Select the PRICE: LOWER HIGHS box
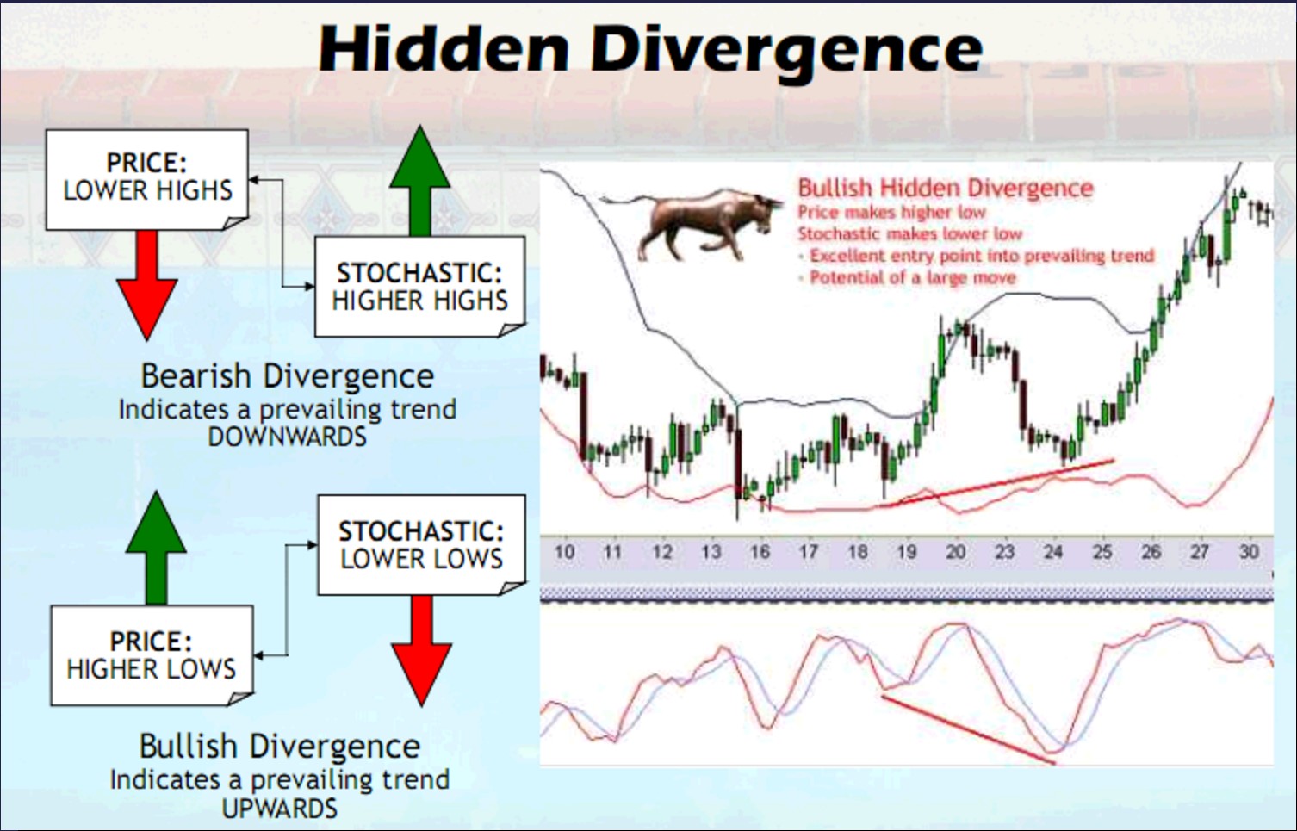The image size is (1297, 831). tap(147, 179)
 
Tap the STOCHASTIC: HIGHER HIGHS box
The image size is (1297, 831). tap(419, 286)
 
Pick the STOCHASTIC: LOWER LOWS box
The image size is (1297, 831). tap(421, 545)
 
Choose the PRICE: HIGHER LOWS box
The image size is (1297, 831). tap(152, 655)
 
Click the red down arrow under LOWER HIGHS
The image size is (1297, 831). tap(147, 285)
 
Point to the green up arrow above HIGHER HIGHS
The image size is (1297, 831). tap(419, 181)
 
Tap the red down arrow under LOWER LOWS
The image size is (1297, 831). tap(421, 651)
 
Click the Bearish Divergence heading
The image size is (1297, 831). tap(287, 376)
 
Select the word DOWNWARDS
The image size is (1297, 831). tap(287, 437)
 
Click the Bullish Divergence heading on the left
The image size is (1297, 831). tap(280, 747)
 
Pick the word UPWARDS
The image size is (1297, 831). tap(280, 809)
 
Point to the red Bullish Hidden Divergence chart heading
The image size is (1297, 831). tap(946, 189)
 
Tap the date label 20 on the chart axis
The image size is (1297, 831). tap(955, 552)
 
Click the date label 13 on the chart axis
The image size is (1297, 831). tap(711, 552)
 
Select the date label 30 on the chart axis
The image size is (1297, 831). tap(1249, 552)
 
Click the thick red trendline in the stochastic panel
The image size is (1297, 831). tap(968, 729)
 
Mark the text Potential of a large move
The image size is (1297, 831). tap(913, 278)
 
